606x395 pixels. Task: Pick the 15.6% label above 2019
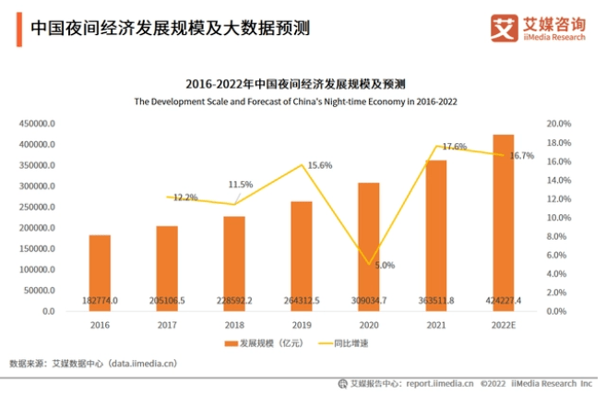[319, 165]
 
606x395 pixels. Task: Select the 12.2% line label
[185, 197]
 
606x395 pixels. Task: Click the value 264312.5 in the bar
[301, 300]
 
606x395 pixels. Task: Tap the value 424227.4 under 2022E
[503, 300]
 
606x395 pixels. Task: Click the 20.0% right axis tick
[559, 124]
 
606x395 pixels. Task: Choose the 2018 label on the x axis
[233, 324]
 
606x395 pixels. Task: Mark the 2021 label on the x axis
[435, 324]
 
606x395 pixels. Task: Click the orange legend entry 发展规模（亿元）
[262, 343]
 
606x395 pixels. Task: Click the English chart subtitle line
[296, 101]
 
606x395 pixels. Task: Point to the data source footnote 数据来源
[92, 364]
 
